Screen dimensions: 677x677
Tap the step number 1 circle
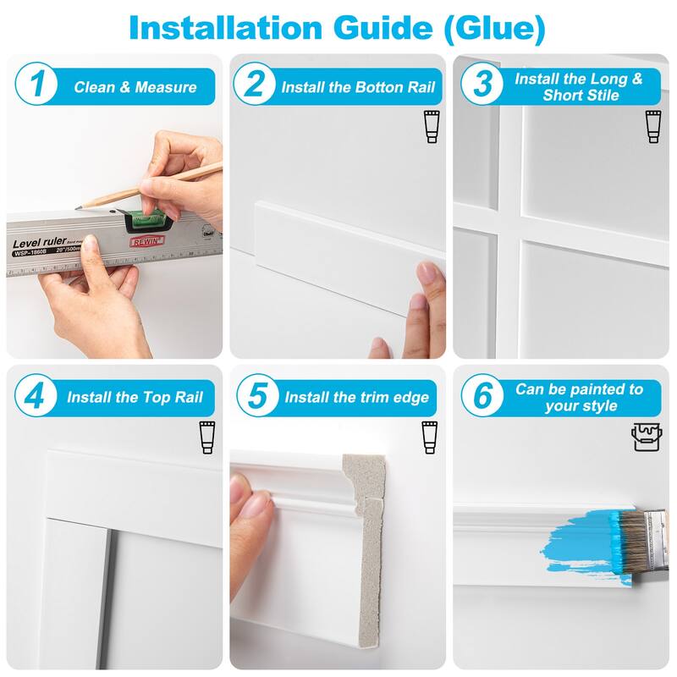click(36, 86)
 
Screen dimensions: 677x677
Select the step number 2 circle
click(253, 86)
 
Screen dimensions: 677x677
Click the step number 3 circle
click(482, 86)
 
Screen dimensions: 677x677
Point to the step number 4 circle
click(36, 397)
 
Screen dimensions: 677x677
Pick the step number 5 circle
click(253, 397)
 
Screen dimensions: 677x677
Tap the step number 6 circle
click(482, 397)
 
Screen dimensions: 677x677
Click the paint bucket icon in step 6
click(646, 436)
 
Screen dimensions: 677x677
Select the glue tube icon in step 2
click(432, 127)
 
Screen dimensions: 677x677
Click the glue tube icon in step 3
click(652, 126)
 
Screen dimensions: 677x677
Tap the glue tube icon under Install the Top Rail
click(206, 437)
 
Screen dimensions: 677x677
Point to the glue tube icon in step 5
click(432, 437)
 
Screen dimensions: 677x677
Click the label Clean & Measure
click(135, 86)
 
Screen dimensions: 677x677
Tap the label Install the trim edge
click(356, 397)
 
